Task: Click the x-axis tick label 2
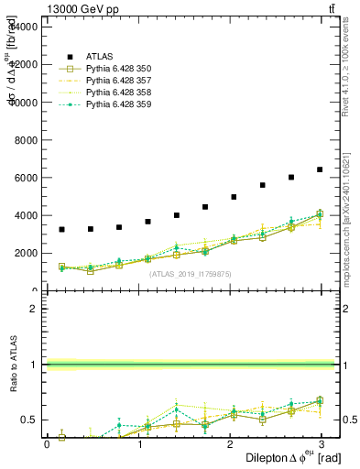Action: coord(230,443)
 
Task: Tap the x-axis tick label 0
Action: coord(47,443)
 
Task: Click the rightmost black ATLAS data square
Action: coord(320,169)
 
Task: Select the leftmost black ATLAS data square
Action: coord(61,229)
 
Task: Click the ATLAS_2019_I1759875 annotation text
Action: coord(191,274)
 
